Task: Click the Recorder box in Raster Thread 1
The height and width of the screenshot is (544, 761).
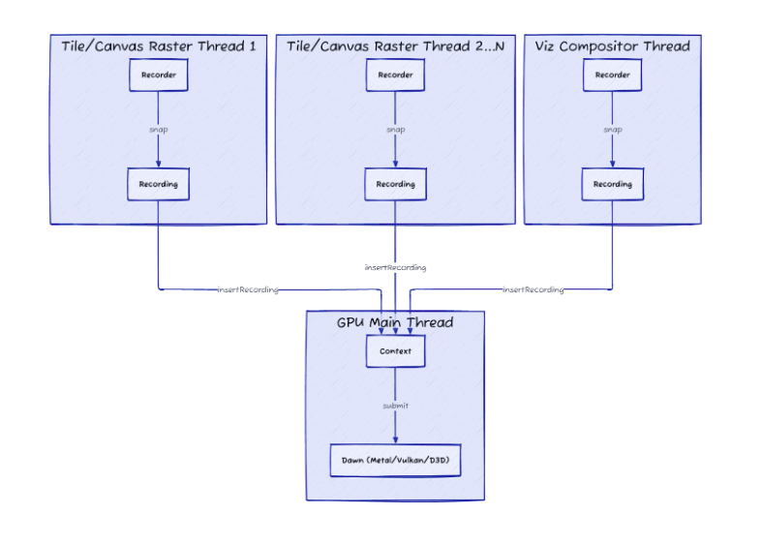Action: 158,75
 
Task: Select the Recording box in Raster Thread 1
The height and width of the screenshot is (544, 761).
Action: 158,184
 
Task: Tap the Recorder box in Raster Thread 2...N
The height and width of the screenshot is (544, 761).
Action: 396,75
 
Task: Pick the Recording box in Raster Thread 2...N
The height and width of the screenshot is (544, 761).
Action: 396,184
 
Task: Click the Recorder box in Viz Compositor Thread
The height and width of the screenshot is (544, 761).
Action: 613,75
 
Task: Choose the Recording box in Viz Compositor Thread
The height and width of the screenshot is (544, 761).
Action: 613,184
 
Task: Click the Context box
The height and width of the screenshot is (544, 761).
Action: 396,350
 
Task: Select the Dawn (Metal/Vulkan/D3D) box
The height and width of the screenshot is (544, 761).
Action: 396,460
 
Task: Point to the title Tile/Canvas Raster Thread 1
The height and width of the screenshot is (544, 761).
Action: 158,46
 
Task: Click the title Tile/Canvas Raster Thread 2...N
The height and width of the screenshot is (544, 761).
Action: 396,46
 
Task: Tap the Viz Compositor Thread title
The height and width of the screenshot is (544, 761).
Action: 613,46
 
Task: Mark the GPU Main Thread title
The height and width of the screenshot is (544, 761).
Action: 395,322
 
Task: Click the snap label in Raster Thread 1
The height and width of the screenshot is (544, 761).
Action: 158,130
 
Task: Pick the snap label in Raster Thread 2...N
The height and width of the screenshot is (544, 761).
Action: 396,130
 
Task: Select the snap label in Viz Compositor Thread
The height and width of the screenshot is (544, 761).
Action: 613,130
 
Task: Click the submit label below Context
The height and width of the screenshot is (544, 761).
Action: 396,406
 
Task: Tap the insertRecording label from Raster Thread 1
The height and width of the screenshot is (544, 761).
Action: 248,289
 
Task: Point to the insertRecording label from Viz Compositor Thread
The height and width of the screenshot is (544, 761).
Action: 533,289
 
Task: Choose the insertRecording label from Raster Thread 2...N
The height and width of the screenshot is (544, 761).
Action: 396,267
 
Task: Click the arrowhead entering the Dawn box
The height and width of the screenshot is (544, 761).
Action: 396,440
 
